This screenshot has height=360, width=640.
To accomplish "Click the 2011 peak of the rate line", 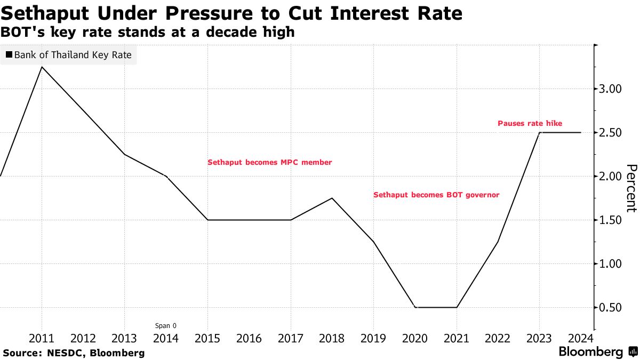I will (42, 67).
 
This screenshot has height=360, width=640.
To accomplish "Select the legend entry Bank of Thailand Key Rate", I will (68, 55).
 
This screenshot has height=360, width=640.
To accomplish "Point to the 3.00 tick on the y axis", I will (610, 89).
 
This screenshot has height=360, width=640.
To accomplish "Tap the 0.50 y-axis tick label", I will (610, 308).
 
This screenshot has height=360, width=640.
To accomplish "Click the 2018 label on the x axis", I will (332, 338).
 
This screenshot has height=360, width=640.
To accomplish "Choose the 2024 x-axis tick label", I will (580, 338).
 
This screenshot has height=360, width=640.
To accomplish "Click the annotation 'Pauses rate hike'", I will (530, 123).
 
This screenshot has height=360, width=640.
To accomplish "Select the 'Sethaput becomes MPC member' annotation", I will (269, 162).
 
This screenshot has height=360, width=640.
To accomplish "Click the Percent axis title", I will (631, 188).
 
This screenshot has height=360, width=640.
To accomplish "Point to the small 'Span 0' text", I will (165, 325).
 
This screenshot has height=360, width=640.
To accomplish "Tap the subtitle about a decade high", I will (147, 32).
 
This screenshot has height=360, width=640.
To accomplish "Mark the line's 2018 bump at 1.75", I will (332, 198).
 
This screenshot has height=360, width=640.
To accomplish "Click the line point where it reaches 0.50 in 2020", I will (415, 307).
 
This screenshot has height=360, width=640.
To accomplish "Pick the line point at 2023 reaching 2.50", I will (539, 132).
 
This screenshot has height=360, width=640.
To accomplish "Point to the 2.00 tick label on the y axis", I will (610, 176).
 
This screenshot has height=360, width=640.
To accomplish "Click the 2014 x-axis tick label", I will (166, 338).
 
